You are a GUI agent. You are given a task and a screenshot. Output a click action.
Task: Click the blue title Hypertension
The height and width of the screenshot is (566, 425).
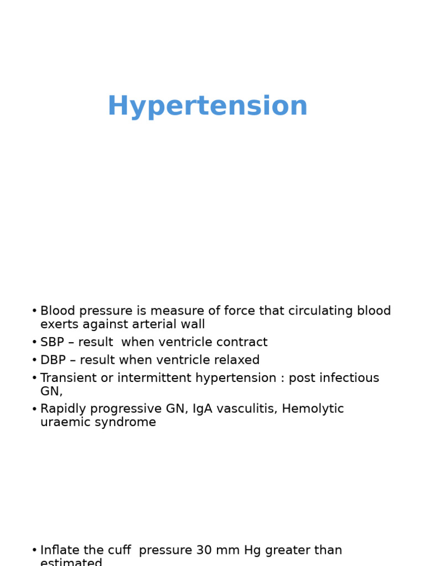(207, 106)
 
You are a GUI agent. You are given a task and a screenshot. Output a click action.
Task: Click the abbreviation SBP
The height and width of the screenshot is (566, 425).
(52, 342)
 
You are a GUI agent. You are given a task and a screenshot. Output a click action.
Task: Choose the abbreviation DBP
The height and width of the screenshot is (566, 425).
(52, 360)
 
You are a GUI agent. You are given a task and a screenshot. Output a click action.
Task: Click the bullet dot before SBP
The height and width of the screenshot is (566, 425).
(34, 343)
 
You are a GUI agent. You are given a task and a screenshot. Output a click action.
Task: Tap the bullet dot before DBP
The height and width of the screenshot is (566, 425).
(34, 360)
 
